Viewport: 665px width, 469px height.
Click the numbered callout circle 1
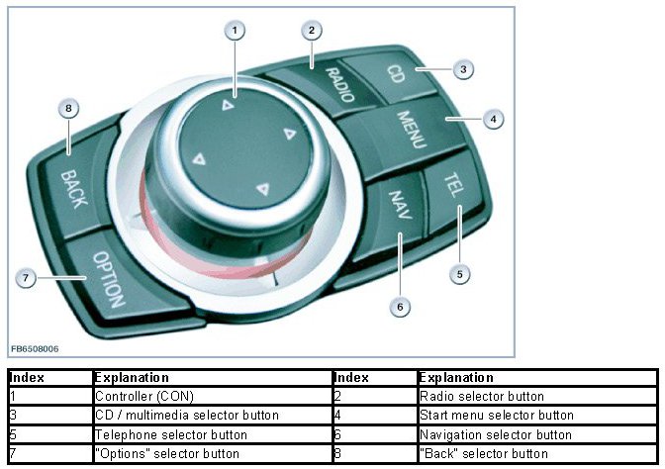(x=234, y=32)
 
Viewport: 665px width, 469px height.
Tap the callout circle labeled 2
(x=311, y=32)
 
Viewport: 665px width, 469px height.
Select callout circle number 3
(x=461, y=69)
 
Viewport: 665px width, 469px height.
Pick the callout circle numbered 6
(x=399, y=307)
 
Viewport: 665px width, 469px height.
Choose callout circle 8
(x=67, y=108)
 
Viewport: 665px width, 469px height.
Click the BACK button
(x=73, y=188)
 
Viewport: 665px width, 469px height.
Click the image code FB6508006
(x=36, y=348)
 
